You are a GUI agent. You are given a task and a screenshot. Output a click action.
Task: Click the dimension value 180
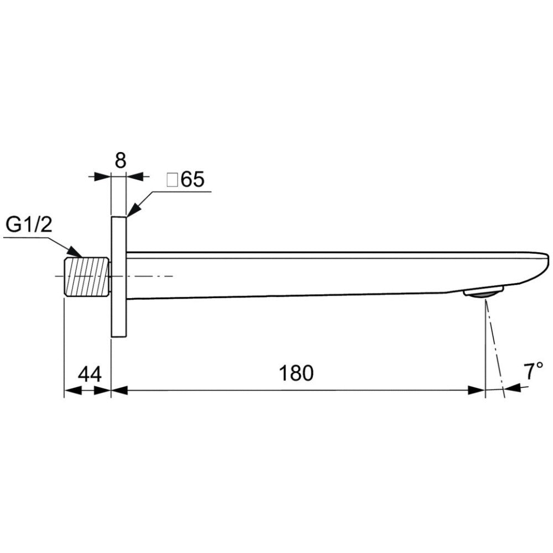(296, 373)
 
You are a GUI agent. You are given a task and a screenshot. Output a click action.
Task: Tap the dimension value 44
(90, 374)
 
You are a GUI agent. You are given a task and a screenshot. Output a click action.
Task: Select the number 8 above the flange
(120, 160)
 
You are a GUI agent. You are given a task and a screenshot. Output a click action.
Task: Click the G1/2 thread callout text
(29, 225)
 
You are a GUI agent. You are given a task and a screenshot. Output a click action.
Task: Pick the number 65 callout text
(192, 179)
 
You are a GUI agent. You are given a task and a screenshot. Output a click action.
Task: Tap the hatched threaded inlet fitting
(86, 276)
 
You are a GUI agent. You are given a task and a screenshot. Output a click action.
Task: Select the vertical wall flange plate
(118, 277)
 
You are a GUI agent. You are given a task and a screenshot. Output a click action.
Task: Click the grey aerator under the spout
(483, 293)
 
